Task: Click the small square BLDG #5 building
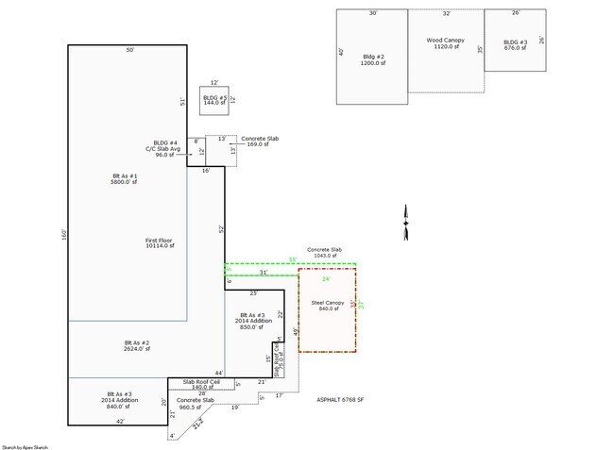click(215, 100)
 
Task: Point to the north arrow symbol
click(405, 221)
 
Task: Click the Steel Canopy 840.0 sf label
click(327, 305)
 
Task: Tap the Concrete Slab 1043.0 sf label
click(324, 252)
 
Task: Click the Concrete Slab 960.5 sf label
click(196, 404)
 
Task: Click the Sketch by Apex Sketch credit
click(25, 445)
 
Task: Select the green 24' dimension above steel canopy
click(326, 279)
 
